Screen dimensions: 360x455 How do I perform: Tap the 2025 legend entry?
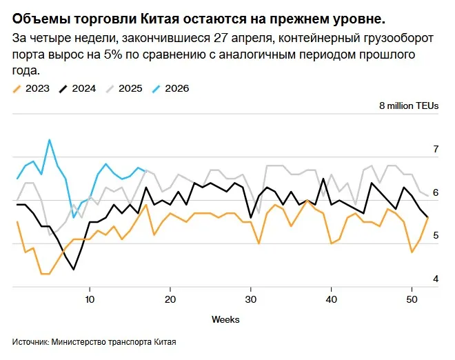pyautogui.click(x=130, y=88)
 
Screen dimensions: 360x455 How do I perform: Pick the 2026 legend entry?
pyautogui.click(x=176, y=88)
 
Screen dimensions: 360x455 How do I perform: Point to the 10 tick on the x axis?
pyautogui.click(x=90, y=299)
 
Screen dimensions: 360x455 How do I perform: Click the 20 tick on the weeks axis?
pyautogui.click(x=170, y=299)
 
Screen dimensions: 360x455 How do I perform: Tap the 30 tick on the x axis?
pyautogui.click(x=251, y=299)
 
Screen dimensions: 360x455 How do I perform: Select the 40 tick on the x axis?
pyautogui.click(x=332, y=299)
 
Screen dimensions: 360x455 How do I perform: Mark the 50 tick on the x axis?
pyautogui.click(x=412, y=299)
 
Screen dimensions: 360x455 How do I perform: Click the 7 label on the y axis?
pyautogui.click(x=435, y=149)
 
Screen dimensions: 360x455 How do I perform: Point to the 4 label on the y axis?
pyautogui.click(x=435, y=279)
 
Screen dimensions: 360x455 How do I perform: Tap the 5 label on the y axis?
pyautogui.click(x=435, y=236)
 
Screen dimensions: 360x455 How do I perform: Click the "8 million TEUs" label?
pyautogui.click(x=409, y=106)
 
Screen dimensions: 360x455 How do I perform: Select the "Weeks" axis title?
pyautogui.click(x=225, y=319)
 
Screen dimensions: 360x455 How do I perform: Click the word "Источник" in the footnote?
pyautogui.click(x=30, y=341)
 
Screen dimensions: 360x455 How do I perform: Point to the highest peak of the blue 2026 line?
pyautogui.click(x=49, y=140)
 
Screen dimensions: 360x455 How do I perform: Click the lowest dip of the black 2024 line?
pyautogui.click(x=74, y=269)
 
